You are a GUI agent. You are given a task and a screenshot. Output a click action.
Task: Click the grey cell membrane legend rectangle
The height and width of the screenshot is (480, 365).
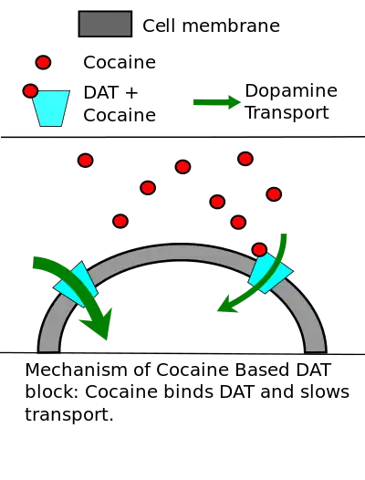(x=105, y=24)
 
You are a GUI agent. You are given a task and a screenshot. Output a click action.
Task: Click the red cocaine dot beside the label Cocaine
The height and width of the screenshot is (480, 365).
(x=43, y=62)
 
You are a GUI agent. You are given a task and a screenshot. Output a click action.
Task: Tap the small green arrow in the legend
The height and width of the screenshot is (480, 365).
(x=217, y=102)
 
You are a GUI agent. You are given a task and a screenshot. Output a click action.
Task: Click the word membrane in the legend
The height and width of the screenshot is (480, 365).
(x=231, y=26)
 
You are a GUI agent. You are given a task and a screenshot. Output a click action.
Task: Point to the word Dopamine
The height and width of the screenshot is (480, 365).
(x=291, y=91)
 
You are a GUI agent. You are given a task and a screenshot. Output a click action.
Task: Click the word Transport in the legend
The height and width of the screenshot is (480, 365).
(x=287, y=112)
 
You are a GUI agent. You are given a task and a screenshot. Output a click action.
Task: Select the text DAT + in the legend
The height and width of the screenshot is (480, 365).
(x=110, y=92)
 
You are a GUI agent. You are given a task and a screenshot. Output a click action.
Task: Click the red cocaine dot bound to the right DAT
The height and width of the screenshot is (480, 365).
(x=259, y=250)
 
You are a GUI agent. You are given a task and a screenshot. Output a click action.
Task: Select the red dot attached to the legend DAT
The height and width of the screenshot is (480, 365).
(x=30, y=91)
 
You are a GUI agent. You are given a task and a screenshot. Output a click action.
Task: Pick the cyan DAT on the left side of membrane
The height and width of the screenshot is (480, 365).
(x=76, y=285)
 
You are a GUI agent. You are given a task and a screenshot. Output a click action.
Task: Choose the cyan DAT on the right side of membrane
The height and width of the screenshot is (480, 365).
(x=271, y=273)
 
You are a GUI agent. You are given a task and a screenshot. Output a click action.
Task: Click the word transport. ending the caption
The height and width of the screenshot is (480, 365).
(x=69, y=415)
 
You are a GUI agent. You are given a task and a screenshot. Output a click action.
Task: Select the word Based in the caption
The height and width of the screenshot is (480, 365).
(x=262, y=370)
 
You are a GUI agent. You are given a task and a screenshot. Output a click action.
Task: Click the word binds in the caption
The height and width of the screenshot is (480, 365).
(x=187, y=391)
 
